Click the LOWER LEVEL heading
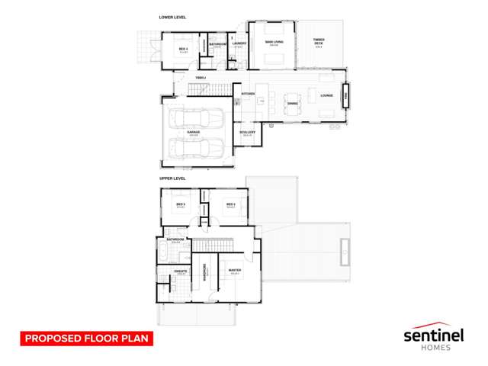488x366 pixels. [173, 18]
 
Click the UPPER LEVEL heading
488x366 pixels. [172, 178]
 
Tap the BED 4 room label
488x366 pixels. [183, 50]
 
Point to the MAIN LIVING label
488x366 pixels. [274, 42]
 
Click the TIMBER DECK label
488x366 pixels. [319, 43]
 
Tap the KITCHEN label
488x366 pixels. [248, 94]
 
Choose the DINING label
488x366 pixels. [293, 102]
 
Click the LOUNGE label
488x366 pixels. [326, 95]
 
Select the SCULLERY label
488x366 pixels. [247, 133]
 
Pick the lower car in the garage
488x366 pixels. [194, 148]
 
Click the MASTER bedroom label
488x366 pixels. [235, 271]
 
